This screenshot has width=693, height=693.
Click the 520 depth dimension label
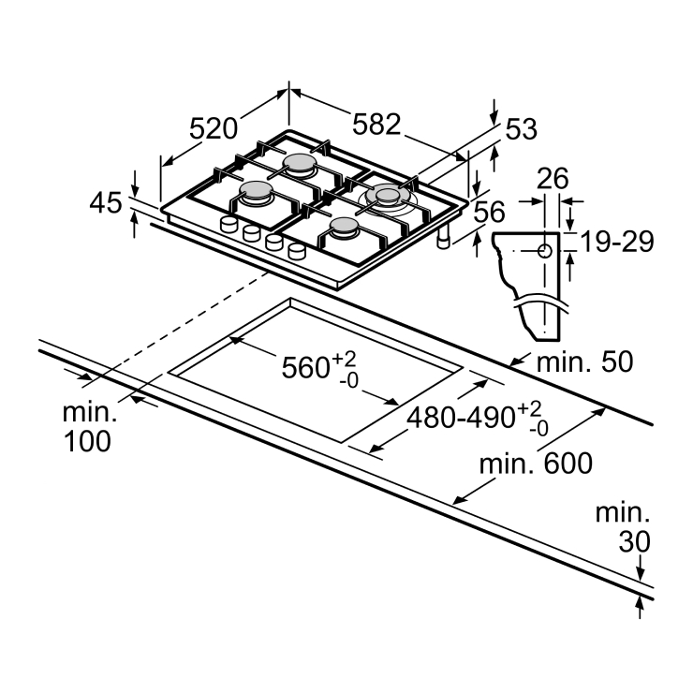coord(214,128)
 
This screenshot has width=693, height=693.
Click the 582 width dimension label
coord(376,124)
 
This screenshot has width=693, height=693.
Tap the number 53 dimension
coord(521,129)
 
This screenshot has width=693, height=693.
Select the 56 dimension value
coord(489,212)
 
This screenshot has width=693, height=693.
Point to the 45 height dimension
coord(106,203)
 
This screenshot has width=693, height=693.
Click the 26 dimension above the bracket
coord(553,179)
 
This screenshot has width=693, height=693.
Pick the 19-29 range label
coord(617,242)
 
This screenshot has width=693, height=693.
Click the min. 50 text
coord(584,361)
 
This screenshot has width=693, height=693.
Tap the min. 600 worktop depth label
coord(536,464)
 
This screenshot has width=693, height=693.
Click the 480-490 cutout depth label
coord(461,418)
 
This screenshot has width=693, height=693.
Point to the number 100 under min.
coord(87,441)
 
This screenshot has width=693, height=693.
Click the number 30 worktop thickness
coord(635,541)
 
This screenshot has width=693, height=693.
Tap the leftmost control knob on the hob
coord(229,225)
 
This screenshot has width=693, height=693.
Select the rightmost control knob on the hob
coord(297,251)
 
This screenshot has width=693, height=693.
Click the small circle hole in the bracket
coord(545,251)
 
